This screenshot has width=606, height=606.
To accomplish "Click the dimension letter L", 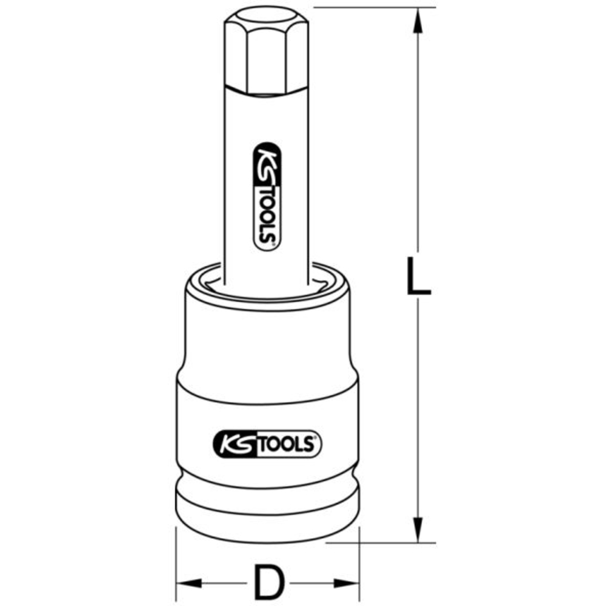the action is click(x=418, y=276).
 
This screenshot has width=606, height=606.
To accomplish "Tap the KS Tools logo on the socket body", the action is click(x=267, y=444).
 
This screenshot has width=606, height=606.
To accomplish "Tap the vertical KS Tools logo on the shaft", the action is click(x=267, y=197).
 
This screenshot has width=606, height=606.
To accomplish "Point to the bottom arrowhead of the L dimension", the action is click(x=418, y=530).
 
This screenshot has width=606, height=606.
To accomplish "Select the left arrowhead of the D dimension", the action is click(x=189, y=583).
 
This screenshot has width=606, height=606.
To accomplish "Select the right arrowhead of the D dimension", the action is click(x=347, y=583).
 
